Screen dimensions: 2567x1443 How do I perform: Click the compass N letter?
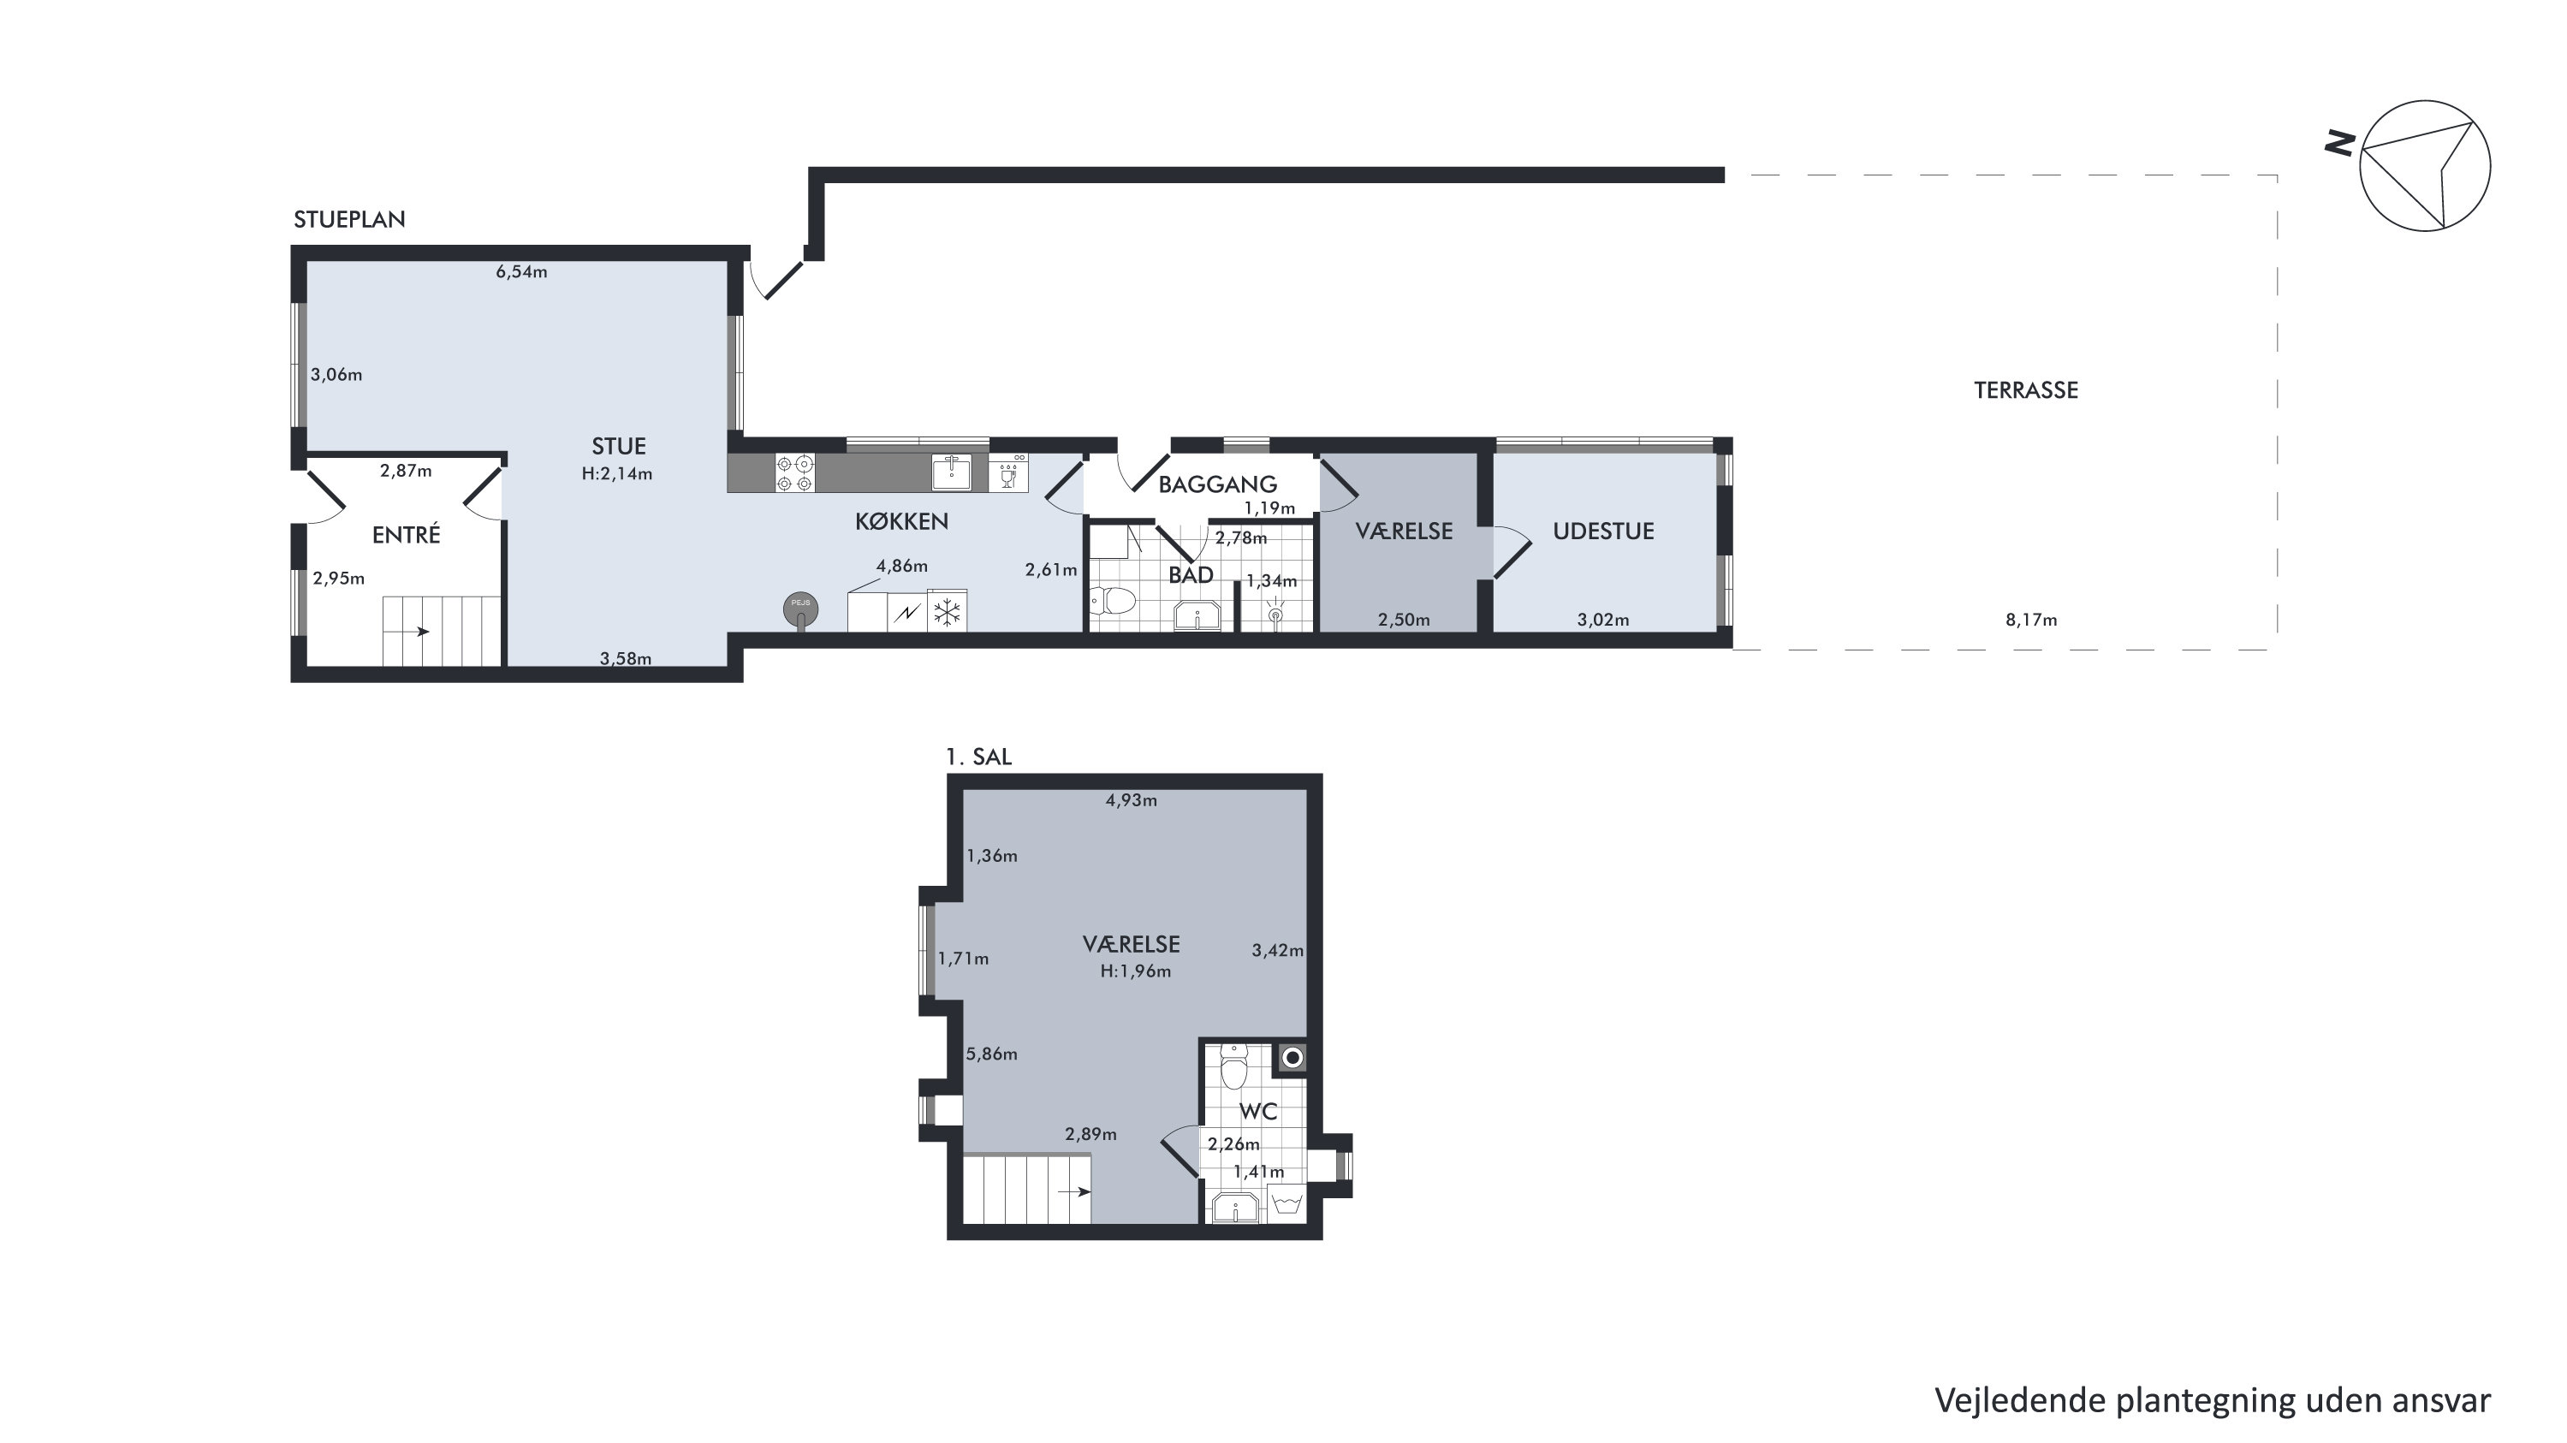coord(2340,145)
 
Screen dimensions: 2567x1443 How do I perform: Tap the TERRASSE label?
coord(2026,390)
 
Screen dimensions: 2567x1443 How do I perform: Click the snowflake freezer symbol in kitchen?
coord(947,611)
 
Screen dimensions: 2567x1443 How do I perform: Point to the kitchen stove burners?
coord(795,473)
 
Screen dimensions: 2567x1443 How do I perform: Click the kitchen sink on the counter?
coord(951,472)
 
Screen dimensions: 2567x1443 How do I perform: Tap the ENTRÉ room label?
coord(406,535)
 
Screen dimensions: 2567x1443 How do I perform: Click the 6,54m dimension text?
coord(521,272)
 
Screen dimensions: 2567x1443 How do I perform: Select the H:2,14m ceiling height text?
coord(617,474)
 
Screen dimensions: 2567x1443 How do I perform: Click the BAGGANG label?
coord(1216,485)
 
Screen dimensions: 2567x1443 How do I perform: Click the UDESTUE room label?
coord(1603,531)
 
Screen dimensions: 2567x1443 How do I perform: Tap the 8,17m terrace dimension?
coord(2031,620)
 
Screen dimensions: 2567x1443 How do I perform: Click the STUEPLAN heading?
coord(348,219)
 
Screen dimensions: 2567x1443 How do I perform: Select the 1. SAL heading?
coord(978,757)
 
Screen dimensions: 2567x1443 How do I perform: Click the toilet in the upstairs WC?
coord(1233,1066)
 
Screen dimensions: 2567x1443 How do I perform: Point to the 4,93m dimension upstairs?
coord(1131,800)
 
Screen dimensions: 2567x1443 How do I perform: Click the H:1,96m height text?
coord(1135,971)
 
